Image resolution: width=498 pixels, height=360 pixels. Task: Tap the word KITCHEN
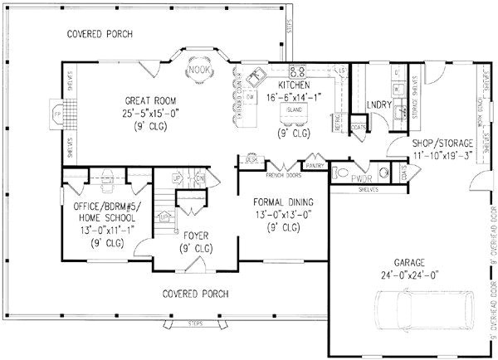(294, 85)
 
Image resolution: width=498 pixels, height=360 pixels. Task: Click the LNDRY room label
(378, 105)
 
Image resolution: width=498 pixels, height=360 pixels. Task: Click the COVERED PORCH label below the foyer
(195, 294)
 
